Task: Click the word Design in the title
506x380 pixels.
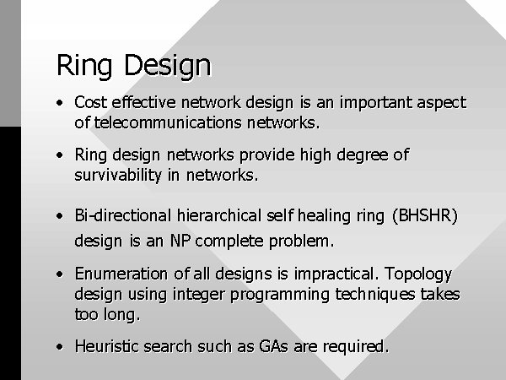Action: pos(168,66)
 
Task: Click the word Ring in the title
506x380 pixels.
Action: pos(84,66)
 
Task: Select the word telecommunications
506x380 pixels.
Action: pos(168,122)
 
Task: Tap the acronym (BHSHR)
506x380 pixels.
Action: pos(425,215)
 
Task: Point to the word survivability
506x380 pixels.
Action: pos(118,176)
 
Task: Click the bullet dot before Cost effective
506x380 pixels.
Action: pos(59,103)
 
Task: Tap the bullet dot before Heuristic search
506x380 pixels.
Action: pos(59,347)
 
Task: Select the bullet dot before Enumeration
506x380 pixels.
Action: pos(59,274)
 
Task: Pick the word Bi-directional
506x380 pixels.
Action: pos(123,215)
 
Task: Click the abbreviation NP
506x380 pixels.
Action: pos(180,241)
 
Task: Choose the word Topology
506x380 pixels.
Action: pos(418,274)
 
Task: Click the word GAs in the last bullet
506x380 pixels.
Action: pos(273,346)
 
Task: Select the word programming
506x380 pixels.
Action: pos(280,295)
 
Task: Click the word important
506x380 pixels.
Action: pos(375,103)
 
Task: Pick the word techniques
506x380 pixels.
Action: pos(375,295)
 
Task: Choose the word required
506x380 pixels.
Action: pos(356,347)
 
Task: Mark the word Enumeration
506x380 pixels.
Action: pos(121,274)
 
